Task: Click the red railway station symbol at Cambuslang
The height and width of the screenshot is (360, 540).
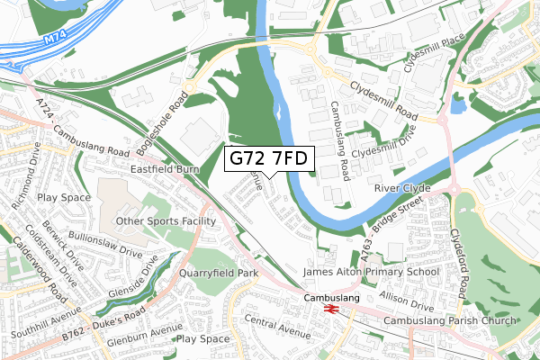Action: [x=330, y=309]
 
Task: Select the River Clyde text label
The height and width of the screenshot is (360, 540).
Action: [x=402, y=188]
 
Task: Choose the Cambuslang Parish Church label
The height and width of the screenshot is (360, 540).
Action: [x=449, y=321]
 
